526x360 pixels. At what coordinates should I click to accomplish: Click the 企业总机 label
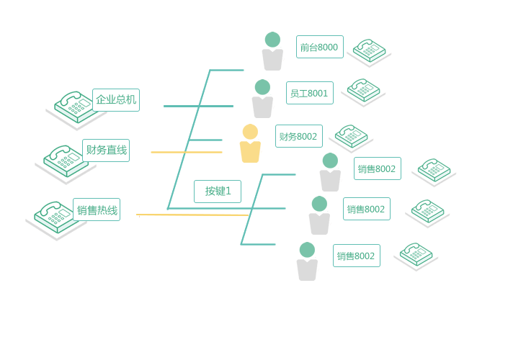coord(116,100)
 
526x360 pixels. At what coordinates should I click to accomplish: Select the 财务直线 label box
coord(106,150)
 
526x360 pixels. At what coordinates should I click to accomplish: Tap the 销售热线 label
coord(97,210)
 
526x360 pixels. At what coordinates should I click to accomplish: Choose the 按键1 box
coord(218,192)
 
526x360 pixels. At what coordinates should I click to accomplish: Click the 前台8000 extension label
coord(319,47)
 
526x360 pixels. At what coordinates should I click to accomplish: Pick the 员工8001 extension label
coord(309,93)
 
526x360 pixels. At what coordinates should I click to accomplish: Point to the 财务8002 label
coord(298,136)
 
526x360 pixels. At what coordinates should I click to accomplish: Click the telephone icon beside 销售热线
coord(53,218)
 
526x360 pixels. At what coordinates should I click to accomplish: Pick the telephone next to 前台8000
coord(369,51)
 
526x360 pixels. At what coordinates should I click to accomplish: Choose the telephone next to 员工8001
coord(363,91)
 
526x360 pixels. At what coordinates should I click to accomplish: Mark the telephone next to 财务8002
coord(351,136)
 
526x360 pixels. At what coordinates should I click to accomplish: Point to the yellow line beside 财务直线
coord(186,152)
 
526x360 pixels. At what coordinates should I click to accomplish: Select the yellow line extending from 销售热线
coord(193,215)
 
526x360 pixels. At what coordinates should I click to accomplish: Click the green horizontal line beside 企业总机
coord(180,106)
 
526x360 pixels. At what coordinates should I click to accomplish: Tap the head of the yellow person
coord(250,132)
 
